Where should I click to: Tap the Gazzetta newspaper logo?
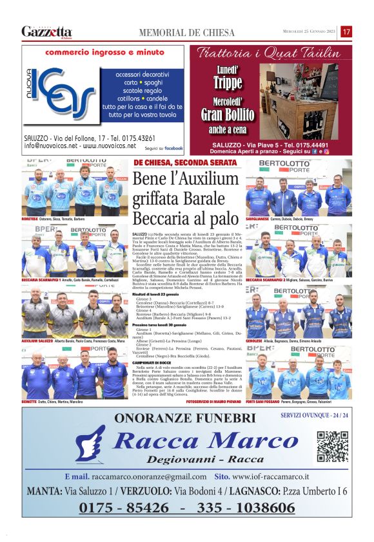[x=47, y=32]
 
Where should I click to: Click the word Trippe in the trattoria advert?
[x=228, y=82]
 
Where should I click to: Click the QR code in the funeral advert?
[x=333, y=447]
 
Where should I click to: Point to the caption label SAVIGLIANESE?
[x=260, y=220]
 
